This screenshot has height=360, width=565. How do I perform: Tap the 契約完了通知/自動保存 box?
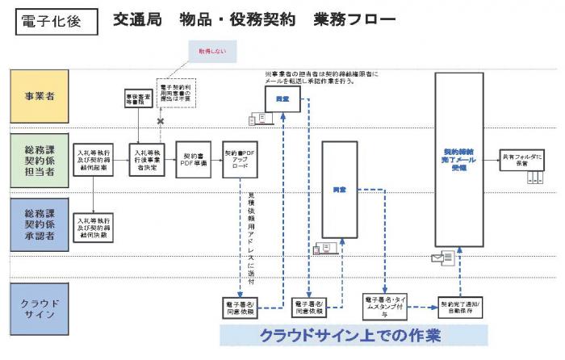coord(461,305)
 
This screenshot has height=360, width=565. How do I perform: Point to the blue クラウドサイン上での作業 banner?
coord(355,335)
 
